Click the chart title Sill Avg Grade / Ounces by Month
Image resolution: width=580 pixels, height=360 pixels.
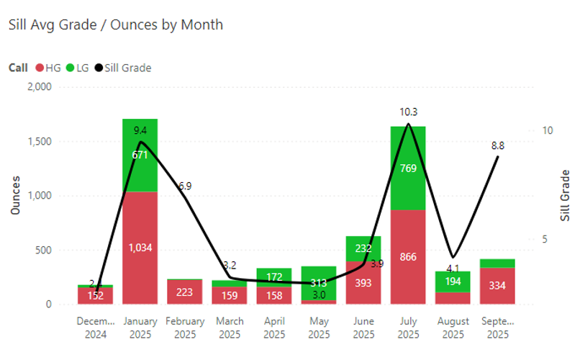click(x=115, y=24)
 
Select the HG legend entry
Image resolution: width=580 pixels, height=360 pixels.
click(x=48, y=68)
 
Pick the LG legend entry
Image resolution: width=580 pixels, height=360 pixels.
click(x=80, y=68)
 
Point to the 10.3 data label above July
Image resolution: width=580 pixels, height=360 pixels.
click(x=408, y=112)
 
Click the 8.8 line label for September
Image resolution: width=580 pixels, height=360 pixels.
click(x=497, y=145)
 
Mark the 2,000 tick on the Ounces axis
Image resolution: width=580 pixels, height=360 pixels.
click(x=39, y=86)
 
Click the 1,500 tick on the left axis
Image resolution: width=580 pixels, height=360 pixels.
click(x=39, y=141)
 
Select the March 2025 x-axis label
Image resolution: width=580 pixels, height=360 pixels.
click(x=229, y=328)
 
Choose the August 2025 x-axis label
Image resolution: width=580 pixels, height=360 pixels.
click(x=453, y=328)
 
